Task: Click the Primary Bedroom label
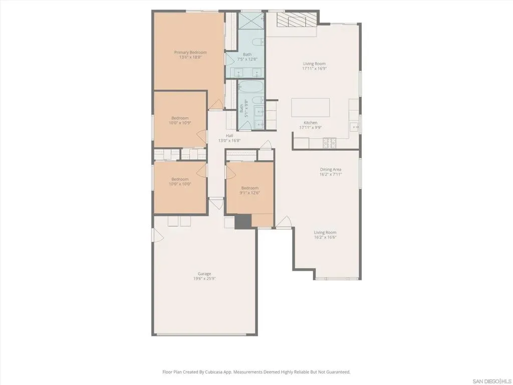pyautogui.click(x=190, y=52)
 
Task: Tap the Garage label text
pyautogui.click(x=204, y=274)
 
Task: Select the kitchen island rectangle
pyautogui.click(x=311, y=107)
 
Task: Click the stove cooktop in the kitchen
pyautogui.click(x=330, y=142)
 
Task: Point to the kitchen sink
pyautogui.click(x=355, y=127)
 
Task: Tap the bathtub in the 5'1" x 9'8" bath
pyautogui.click(x=250, y=87)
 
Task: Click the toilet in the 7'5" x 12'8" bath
pyautogui.click(x=259, y=42)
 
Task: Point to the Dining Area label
pyautogui.click(x=331, y=169)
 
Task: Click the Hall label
pyautogui.click(x=229, y=136)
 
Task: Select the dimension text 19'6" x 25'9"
pyautogui.click(x=204, y=279)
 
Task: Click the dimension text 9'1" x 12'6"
pyautogui.click(x=249, y=193)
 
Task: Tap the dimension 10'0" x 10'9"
pyautogui.click(x=180, y=123)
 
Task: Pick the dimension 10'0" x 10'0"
pyautogui.click(x=180, y=184)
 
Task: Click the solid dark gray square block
pyautogui.click(x=243, y=222)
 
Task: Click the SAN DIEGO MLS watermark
pyautogui.click(x=493, y=381)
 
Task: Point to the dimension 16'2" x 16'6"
pyautogui.click(x=325, y=237)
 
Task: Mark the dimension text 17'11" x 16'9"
pyautogui.click(x=315, y=69)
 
